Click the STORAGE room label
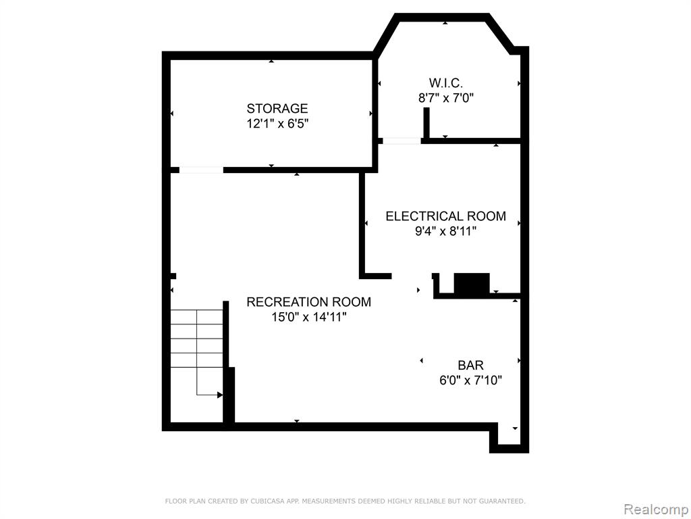[277, 109]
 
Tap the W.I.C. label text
[445, 83]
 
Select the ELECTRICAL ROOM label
[445, 216]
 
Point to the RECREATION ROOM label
[308, 302]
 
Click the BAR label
[470, 366]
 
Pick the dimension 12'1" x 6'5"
[277, 124]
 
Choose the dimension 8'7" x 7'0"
[445, 98]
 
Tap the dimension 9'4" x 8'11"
[445, 231]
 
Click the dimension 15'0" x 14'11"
[309, 317]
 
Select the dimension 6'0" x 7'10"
[470, 380]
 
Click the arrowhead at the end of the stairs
[220, 395]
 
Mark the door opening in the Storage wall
[201, 170]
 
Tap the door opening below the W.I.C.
[402, 141]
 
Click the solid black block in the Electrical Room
[472, 284]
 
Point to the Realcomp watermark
[657, 510]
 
